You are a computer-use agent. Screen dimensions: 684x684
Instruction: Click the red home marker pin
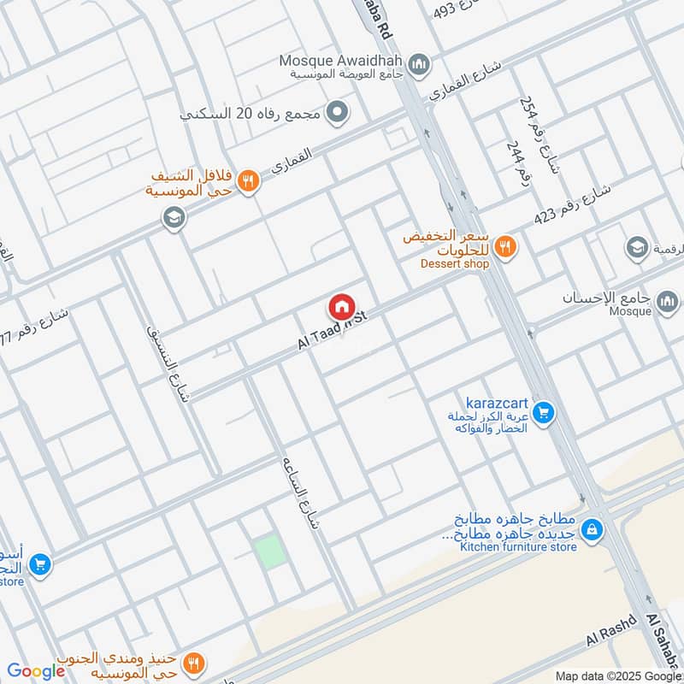(341, 306)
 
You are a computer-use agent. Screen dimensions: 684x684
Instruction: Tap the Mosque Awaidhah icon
(420, 63)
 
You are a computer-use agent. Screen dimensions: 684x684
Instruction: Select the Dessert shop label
(454, 264)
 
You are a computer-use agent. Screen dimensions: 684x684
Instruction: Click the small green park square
(271, 550)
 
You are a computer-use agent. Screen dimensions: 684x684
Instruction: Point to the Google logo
(36, 671)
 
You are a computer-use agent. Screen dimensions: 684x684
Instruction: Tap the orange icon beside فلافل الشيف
(248, 181)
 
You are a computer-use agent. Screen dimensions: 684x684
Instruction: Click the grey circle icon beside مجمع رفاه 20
(339, 112)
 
